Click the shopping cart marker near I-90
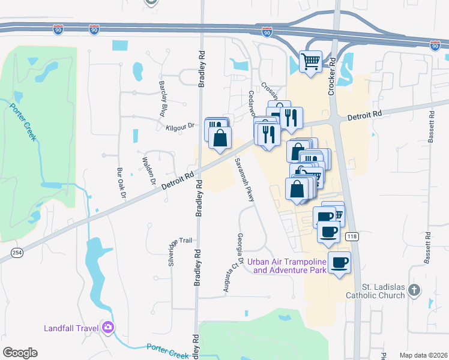311,61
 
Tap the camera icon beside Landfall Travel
109,328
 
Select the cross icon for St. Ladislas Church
414,290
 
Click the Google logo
20,353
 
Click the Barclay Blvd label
162,98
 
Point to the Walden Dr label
148,170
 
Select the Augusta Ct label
227,277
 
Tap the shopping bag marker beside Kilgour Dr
220,137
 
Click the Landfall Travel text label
73,328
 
